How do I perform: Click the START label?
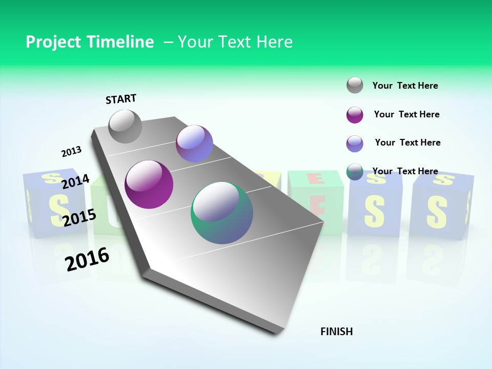pyautogui.click(x=121, y=99)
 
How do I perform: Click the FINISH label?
pyautogui.click(x=336, y=332)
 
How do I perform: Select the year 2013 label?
pyautogui.click(x=71, y=152)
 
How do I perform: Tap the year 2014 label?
pyautogui.click(x=75, y=181)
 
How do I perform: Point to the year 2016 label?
pyautogui.click(x=87, y=259)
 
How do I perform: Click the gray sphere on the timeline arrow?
pyautogui.click(x=125, y=126)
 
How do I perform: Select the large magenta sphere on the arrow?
pyautogui.click(x=149, y=184)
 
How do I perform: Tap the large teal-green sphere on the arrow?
pyautogui.click(x=222, y=213)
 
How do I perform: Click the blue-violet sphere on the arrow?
pyautogui.click(x=194, y=143)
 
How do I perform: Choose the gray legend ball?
pyautogui.click(x=355, y=86)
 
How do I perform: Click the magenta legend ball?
pyautogui.click(x=355, y=115)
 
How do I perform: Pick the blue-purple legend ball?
pyautogui.click(x=355, y=143)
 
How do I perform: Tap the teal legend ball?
pyautogui.click(x=355, y=172)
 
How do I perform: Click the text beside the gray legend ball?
pyautogui.click(x=405, y=86)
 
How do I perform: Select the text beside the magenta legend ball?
pyautogui.click(x=406, y=114)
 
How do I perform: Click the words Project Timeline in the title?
pyautogui.click(x=90, y=42)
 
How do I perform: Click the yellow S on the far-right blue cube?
pyautogui.click(x=437, y=209)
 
